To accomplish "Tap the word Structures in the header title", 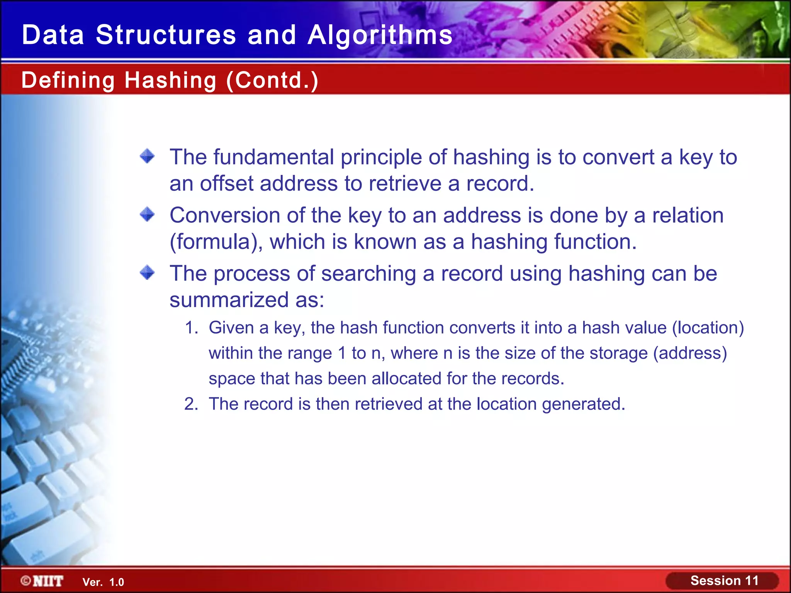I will pos(166,35).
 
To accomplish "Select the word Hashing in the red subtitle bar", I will pos(170,80).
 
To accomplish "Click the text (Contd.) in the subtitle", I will pos(272,80).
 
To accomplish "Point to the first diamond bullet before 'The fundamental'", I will pos(147,156).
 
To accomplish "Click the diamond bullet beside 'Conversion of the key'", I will pos(147,214).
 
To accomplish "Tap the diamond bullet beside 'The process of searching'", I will pos(147,273).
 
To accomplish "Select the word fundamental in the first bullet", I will pos(274,157).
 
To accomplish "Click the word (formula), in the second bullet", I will pos(216,242).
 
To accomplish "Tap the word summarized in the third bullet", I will pos(229,300).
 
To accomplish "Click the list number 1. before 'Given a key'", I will pos(192,328).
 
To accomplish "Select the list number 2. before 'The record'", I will pos(192,404).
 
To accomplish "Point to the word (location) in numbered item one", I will pos(708,328).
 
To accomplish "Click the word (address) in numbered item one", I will pos(690,353).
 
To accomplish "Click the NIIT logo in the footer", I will pos(42,581).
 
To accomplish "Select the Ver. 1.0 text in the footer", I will pos(103,582).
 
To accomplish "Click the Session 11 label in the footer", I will pos(724,581).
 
